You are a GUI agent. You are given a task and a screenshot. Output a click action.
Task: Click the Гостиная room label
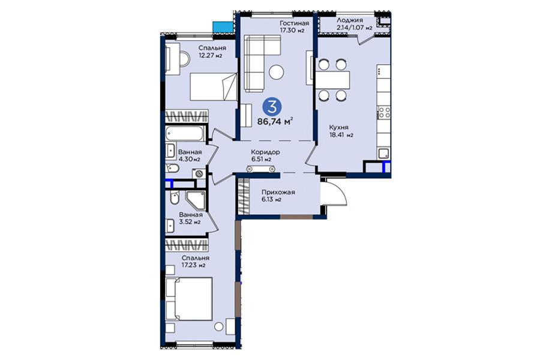[x=294, y=23]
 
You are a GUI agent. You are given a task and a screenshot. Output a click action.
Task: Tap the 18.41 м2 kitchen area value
[x=341, y=135]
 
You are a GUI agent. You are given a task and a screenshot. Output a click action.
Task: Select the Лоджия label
[x=350, y=20]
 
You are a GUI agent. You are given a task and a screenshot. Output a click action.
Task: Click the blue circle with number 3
[x=272, y=107]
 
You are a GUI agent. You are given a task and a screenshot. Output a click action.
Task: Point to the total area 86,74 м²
[x=275, y=121]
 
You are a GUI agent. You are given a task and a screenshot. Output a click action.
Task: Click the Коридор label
[x=265, y=152]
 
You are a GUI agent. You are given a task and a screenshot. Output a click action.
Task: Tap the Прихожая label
[x=278, y=192]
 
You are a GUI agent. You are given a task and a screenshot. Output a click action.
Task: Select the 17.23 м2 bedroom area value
[x=194, y=265]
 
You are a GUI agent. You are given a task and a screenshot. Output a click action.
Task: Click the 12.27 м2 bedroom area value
[x=210, y=55]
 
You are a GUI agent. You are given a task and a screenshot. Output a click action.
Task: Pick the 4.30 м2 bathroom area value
[x=189, y=159]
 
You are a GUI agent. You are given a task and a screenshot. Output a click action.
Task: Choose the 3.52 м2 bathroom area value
[x=190, y=222]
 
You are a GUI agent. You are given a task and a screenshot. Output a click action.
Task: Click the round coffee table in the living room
[x=277, y=73]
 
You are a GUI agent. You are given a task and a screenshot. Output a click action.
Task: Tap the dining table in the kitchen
[x=332, y=80]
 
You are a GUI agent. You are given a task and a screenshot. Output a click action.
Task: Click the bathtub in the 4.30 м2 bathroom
[x=185, y=134]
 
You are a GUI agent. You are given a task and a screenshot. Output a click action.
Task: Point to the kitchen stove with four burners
[x=385, y=112]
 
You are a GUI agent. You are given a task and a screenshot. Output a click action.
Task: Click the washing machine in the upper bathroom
[x=199, y=173]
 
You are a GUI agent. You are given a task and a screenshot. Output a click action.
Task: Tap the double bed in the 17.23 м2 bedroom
[x=189, y=299]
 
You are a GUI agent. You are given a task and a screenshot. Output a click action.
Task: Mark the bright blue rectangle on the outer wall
[x=223, y=27]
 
